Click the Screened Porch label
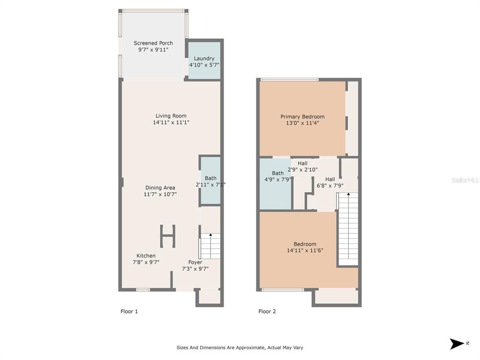point(153,43)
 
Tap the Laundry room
point(204,60)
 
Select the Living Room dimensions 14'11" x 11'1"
point(171,122)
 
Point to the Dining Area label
point(160,187)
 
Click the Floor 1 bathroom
point(210,180)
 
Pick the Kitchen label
point(146,255)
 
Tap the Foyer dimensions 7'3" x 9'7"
point(195,269)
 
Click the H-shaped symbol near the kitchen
point(168,236)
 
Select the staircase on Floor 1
point(210,246)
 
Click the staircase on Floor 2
point(348,229)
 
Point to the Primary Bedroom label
point(302,117)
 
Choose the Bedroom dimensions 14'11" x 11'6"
point(305,250)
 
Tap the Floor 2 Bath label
point(277,173)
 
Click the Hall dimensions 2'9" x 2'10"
point(302,170)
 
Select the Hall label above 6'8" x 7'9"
point(330,180)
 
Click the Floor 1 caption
point(129,311)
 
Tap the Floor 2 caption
point(267,311)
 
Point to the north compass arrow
point(457,344)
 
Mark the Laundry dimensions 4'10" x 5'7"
point(204,65)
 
